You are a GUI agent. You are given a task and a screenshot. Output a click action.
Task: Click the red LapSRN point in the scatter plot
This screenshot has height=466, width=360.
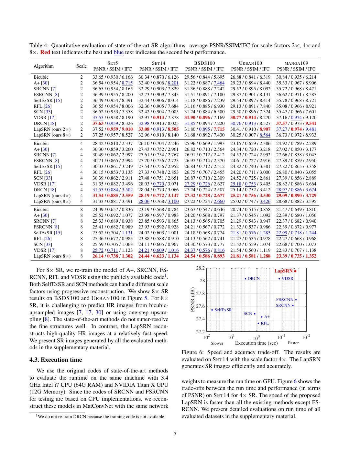pos(295,271)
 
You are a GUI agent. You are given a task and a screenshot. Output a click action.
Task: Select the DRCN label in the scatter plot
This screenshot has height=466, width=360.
pos(254,278)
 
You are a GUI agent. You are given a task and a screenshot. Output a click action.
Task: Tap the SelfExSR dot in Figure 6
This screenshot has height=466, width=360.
pos(212,310)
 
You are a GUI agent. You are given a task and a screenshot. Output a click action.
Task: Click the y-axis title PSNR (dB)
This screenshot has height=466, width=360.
pos(193,300)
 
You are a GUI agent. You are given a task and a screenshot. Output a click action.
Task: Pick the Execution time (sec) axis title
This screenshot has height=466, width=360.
pos(256,343)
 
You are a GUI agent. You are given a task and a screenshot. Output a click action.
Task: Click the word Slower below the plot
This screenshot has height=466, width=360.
pos(217,343)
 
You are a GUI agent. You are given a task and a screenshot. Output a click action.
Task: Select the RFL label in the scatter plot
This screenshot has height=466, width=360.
pos(265,323)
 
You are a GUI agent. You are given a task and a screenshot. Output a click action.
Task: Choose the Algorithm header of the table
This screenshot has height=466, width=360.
pos(44,66)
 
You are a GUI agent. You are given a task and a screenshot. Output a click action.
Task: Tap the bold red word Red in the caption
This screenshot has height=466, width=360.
pos(45,52)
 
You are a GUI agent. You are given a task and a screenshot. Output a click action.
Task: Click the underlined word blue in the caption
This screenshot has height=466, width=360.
pos(118,52)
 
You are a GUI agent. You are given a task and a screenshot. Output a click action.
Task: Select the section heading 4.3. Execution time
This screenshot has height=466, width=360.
pos(56,360)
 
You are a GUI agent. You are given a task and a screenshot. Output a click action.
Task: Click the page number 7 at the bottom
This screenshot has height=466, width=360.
pos(175,434)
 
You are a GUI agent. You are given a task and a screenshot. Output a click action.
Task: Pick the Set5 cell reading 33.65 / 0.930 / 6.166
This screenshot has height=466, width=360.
pos(113,77)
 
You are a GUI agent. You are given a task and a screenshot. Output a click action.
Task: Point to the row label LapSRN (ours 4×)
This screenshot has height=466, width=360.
pos(52,195)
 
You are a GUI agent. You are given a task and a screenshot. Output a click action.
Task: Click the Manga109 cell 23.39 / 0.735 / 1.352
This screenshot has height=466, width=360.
pos(296,256)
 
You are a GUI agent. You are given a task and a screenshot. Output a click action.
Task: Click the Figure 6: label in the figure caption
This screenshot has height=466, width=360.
pos(193,352)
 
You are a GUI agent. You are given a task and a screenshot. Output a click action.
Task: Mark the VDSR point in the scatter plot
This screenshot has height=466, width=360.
pos(279,279)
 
